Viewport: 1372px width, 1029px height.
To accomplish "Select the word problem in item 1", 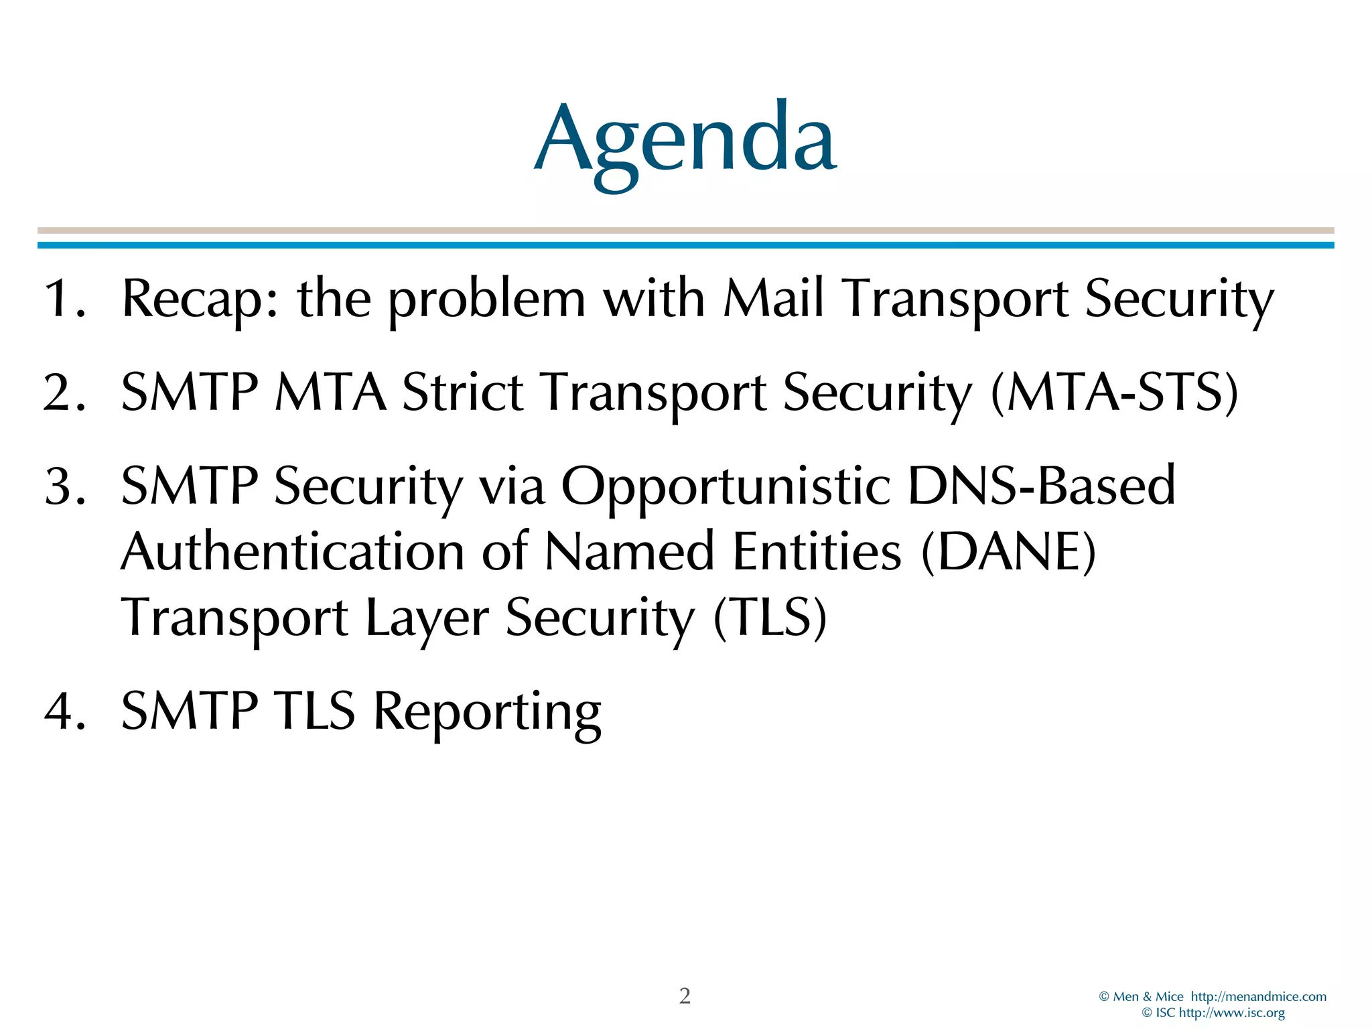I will [x=487, y=299].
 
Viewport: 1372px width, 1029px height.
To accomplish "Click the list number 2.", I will [x=64, y=393].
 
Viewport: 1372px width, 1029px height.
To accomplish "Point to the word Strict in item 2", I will [x=462, y=393].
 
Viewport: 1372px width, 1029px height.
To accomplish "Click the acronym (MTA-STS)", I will [x=1113, y=393].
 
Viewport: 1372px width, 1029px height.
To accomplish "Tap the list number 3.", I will [x=64, y=486].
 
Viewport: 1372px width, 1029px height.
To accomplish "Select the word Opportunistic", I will [x=726, y=486].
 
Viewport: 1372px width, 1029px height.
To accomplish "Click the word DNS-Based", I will [x=1041, y=485].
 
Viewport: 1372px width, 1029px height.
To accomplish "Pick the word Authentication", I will [x=292, y=552].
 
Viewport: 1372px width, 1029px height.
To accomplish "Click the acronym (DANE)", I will [x=1008, y=552].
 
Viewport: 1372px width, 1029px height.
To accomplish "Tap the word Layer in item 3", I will [x=427, y=618].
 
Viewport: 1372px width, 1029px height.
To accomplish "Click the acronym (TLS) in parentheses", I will [x=770, y=618].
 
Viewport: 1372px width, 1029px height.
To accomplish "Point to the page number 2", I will [x=685, y=996].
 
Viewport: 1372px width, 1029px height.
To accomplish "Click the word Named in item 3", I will [x=629, y=552].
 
